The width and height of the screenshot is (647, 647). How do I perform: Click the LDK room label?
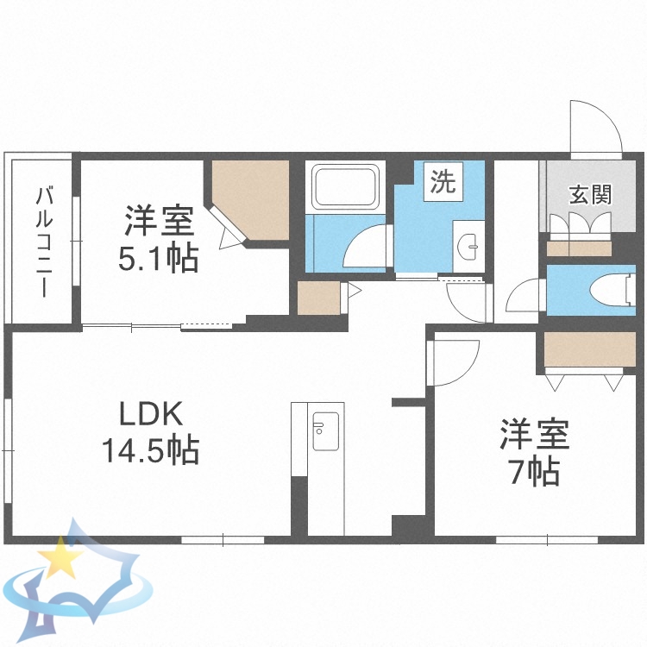click(150, 415)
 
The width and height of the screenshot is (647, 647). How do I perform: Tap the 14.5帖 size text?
click(150, 449)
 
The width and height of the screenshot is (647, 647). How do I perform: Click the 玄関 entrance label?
click(590, 194)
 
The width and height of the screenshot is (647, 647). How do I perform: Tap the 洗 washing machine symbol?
click(443, 182)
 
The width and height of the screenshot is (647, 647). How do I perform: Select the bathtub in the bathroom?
click(344, 188)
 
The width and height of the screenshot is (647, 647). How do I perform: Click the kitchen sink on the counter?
click(325, 431)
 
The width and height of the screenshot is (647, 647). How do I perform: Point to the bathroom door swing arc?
click(367, 247)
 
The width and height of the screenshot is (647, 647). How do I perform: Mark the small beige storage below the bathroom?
click(318, 298)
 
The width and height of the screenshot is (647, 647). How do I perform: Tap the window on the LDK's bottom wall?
click(223, 540)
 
